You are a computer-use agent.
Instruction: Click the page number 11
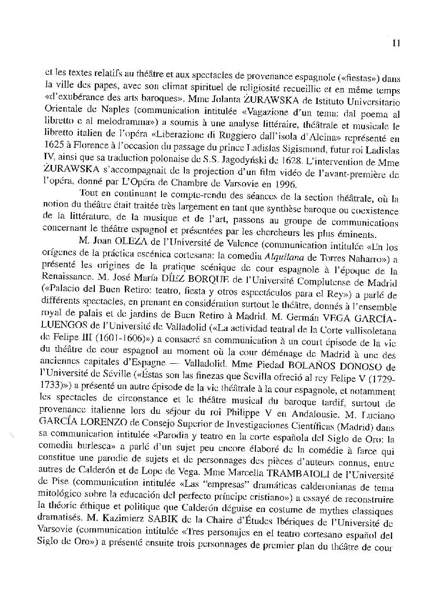[395, 43]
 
